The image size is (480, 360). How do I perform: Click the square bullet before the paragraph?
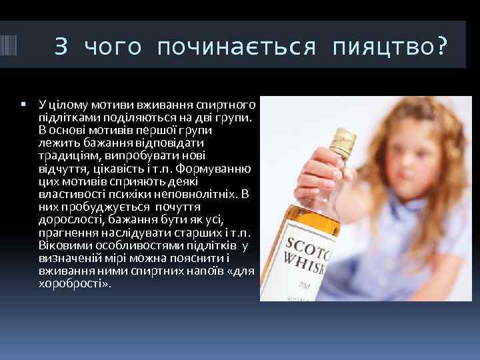23,105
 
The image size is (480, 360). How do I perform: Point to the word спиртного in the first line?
230,105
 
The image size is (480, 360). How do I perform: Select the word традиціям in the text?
67,155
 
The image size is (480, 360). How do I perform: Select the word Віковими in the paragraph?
64,244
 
